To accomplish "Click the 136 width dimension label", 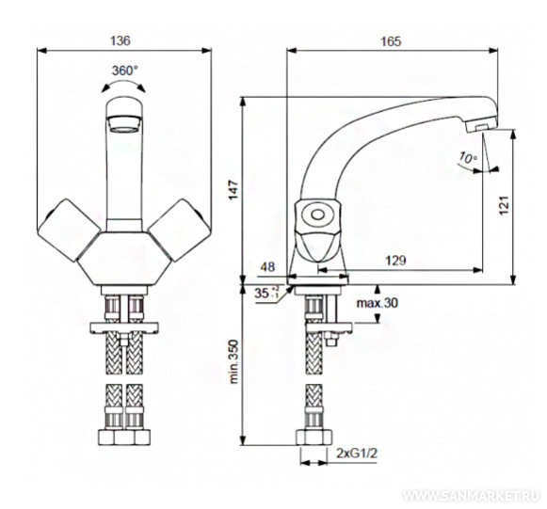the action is [x=121, y=40].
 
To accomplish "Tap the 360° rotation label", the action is [x=125, y=71].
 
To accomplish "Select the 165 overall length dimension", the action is [x=391, y=41].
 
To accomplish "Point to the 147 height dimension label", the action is [x=233, y=190].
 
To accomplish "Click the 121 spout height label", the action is [x=504, y=206].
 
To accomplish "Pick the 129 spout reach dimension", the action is [x=395, y=260].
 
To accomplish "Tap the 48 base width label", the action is [x=267, y=267].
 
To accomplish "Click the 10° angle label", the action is [x=468, y=157].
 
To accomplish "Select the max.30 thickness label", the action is [x=377, y=303].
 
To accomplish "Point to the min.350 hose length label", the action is [x=233, y=361].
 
